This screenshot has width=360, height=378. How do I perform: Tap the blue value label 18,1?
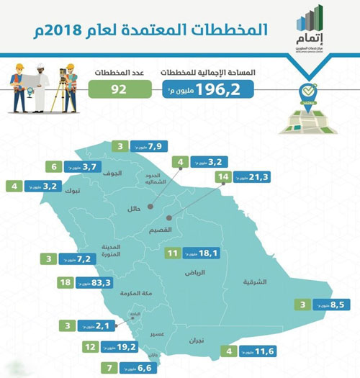pos(198,253)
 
